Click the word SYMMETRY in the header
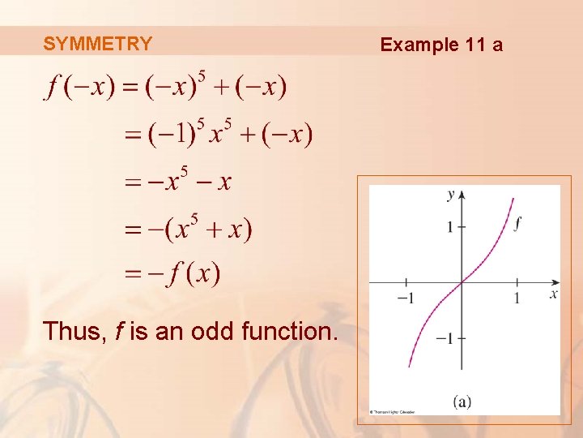click(x=97, y=44)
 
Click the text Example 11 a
click(x=441, y=45)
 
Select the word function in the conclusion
click(x=287, y=331)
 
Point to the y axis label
click(x=451, y=195)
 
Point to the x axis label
click(x=554, y=293)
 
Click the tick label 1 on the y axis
click(x=449, y=226)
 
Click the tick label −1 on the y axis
click(x=445, y=338)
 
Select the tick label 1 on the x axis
click(x=517, y=298)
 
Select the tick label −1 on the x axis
click(x=404, y=298)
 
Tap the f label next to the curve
click(x=517, y=223)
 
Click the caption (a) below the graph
click(x=463, y=401)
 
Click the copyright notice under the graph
click(x=393, y=412)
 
